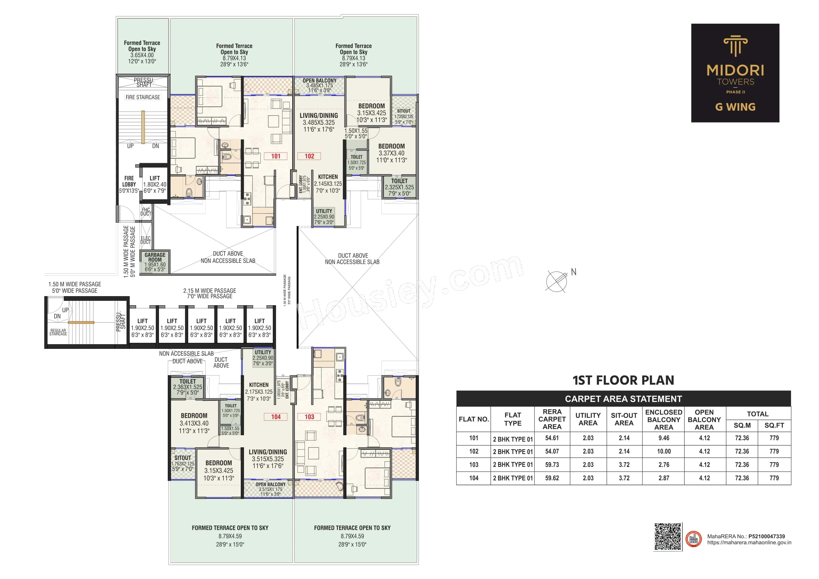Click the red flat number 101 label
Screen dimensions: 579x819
tap(276, 156)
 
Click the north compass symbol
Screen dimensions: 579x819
tap(557, 281)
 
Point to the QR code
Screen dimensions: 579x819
tap(667, 537)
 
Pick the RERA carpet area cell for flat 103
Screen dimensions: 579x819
tap(552, 464)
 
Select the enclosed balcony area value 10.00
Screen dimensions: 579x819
tap(664, 451)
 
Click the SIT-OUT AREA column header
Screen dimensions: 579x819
tap(624, 419)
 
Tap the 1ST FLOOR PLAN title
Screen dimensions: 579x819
tap(623, 380)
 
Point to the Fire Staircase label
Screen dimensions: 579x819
tap(143, 97)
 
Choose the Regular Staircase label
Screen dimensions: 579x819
tap(58, 332)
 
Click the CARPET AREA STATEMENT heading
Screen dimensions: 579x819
tap(623, 399)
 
